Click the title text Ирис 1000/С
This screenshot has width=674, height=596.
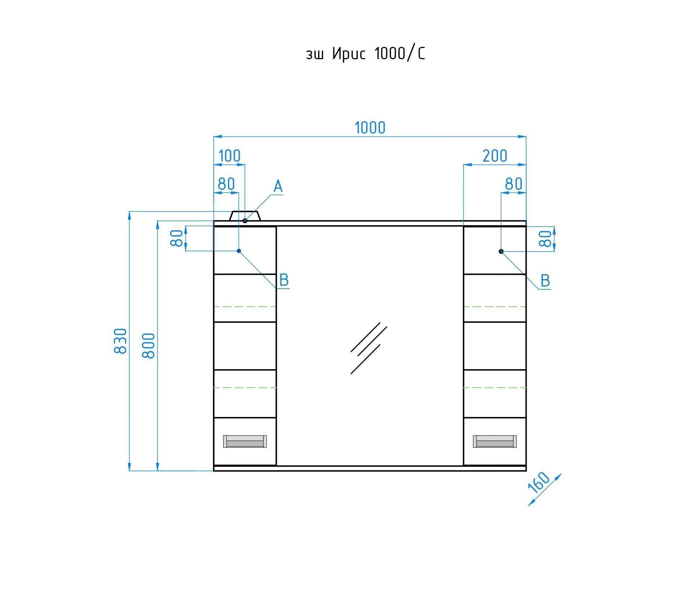[378, 53]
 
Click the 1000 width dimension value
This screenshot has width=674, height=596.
[370, 128]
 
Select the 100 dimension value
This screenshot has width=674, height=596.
[229, 156]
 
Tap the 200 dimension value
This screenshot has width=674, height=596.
[495, 156]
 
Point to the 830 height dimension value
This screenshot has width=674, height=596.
[120, 341]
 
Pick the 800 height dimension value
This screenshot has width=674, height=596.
[148, 345]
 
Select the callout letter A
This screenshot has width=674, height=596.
[278, 187]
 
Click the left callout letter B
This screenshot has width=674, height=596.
[284, 280]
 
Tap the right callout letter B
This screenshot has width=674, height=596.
[545, 281]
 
